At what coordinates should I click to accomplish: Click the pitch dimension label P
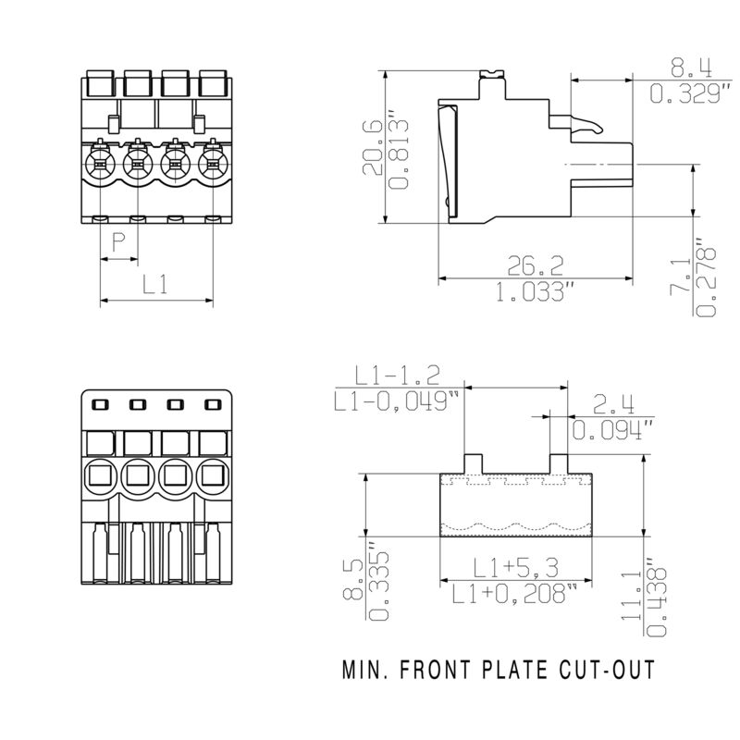pos(118,243)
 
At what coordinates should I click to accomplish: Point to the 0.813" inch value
pos(398,153)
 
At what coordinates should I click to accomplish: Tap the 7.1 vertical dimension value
pos(680,277)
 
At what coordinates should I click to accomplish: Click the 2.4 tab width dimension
pos(613,403)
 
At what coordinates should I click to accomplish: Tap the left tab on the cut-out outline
pos(474,462)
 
